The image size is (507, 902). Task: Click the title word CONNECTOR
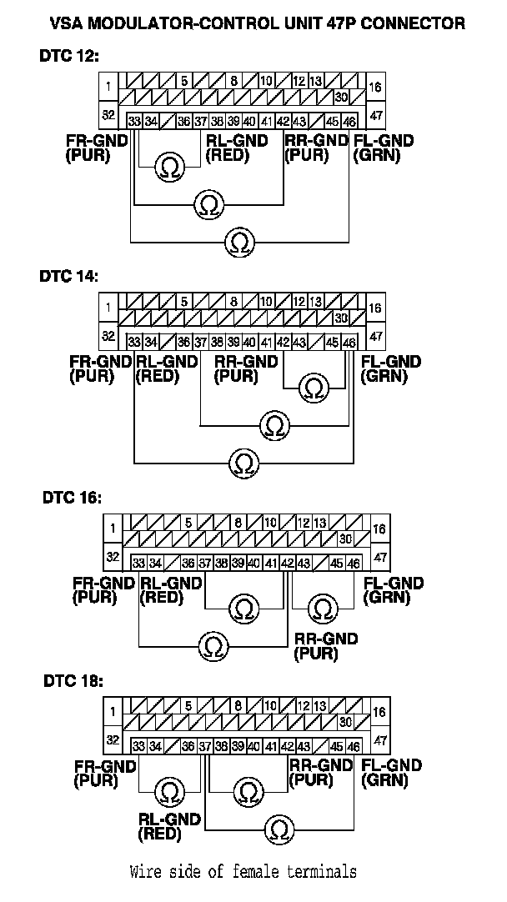pos(406,24)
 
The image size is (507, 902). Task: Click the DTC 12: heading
pos(68,57)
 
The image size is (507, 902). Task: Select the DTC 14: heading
pos(68,277)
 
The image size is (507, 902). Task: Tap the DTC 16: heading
pos(73,498)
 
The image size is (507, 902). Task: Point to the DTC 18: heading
pos(73,681)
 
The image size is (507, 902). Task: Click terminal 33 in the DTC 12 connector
pos(134,121)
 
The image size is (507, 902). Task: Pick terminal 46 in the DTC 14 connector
pos(349,342)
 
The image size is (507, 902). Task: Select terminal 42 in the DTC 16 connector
pos(287,563)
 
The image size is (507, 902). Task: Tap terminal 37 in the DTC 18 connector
pos(205,746)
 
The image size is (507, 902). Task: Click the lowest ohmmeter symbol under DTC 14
pos(244,462)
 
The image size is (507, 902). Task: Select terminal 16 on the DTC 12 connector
pos(375,87)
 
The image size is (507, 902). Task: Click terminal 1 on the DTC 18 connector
pos(112,711)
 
